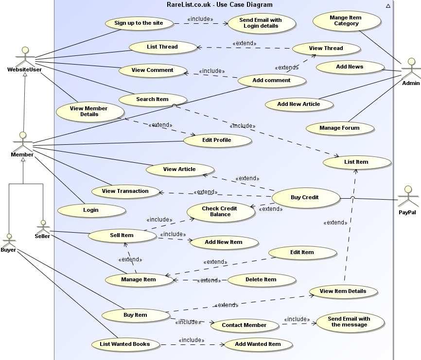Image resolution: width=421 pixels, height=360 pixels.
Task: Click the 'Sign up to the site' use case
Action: (x=140, y=23)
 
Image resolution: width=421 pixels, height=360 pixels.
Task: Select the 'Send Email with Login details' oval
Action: (x=261, y=23)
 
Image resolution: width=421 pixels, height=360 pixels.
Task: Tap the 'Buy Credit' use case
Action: (x=305, y=197)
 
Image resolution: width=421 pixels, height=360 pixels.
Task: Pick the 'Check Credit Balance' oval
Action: (x=220, y=211)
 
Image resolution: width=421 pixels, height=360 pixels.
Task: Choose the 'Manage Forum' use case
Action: (x=339, y=128)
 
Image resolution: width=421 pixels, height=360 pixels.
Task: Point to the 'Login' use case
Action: (x=91, y=210)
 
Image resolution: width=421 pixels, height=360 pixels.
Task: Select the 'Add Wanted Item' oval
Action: (x=258, y=344)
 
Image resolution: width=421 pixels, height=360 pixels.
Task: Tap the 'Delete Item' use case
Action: (x=261, y=279)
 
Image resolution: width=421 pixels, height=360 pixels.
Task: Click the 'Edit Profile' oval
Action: (x=217, y=140)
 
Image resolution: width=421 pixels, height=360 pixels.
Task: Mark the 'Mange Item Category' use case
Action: (x=346, y=20)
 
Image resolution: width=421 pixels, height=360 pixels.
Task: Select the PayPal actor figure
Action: (x=407, y=197)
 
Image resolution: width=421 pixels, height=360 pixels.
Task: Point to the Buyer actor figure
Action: (x=8, y=240)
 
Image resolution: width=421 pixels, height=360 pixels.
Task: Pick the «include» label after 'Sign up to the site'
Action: (x=200, y=19)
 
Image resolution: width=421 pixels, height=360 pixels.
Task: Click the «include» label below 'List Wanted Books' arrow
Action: (x=191, y=340)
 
